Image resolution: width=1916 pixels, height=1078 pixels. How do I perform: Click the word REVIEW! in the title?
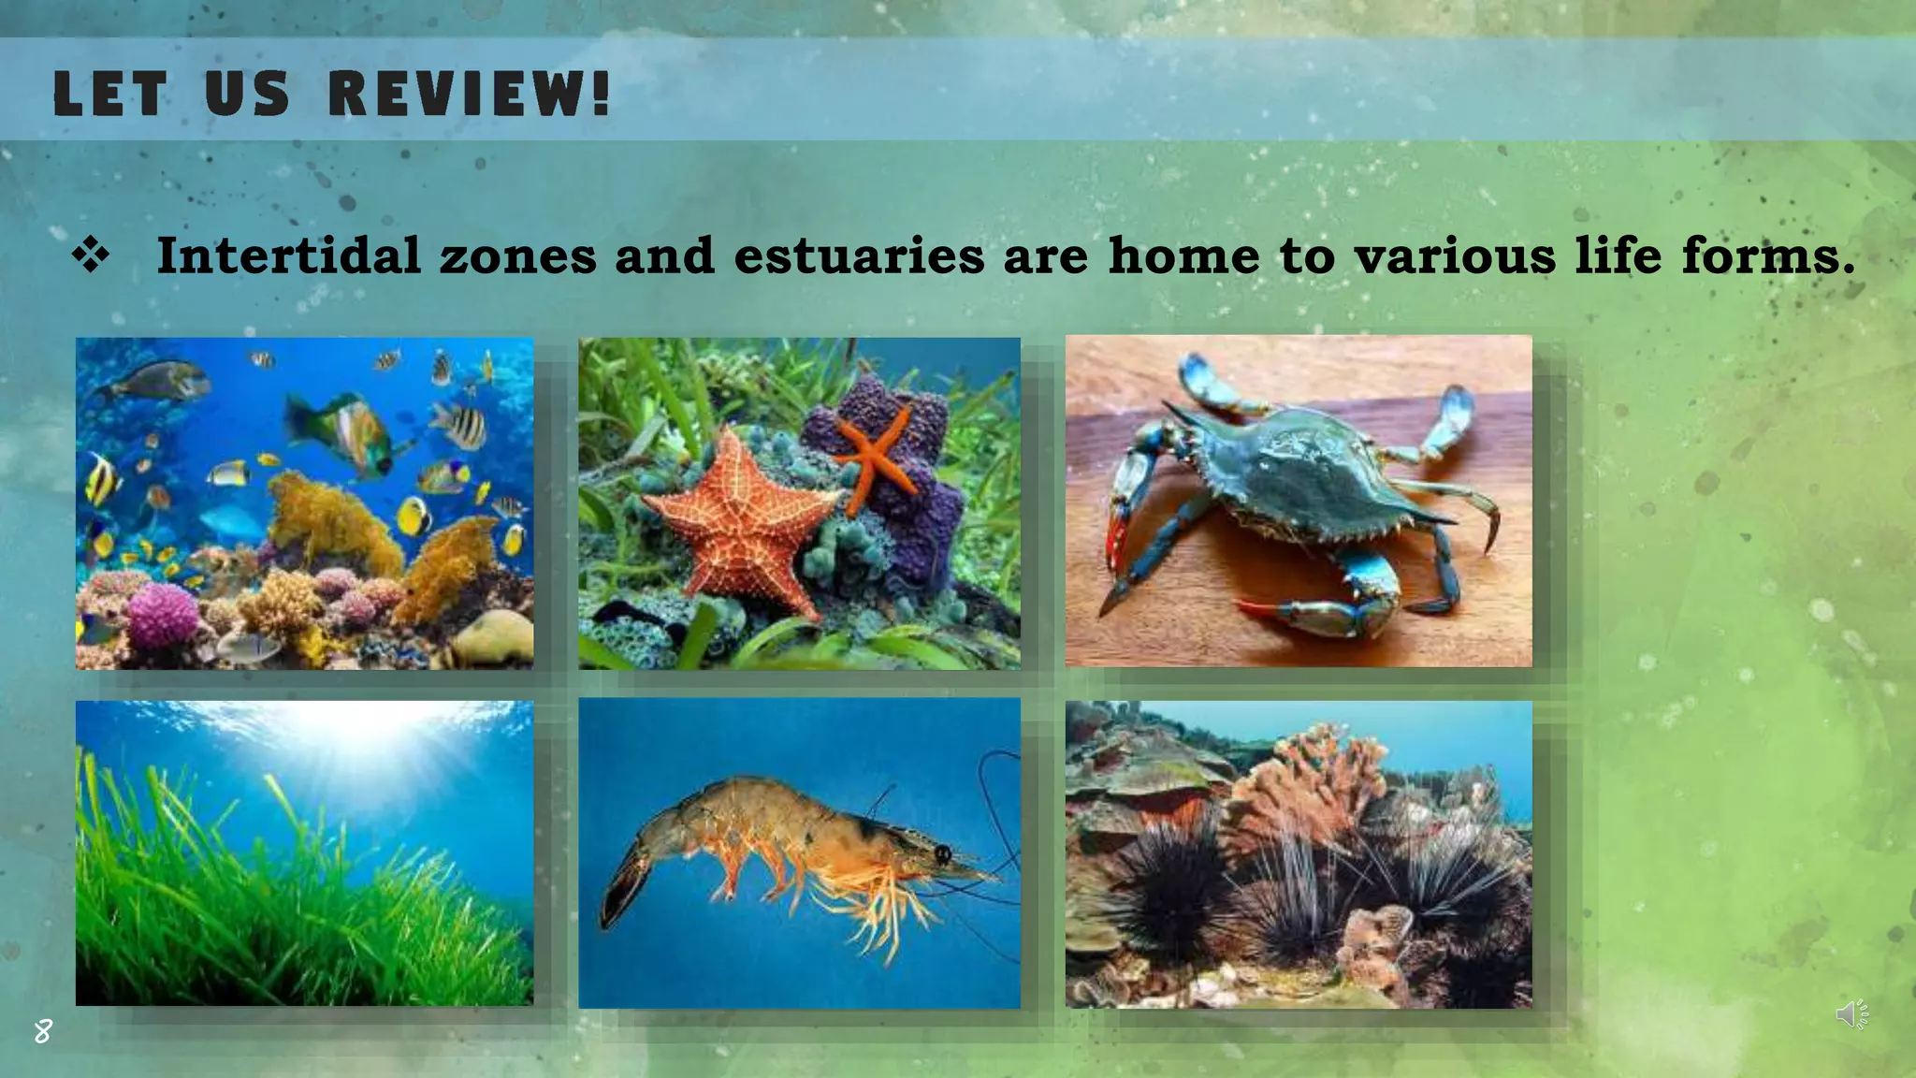click(x=470, y=94)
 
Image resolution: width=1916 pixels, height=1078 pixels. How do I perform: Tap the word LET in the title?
click(x=109, y=94)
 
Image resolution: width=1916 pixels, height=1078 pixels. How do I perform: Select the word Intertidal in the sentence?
click(x=288, y=255)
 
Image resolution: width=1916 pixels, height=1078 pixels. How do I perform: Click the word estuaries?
click(x=859, y=255)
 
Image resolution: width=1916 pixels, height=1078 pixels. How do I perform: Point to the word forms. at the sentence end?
click(x=1768, y=255)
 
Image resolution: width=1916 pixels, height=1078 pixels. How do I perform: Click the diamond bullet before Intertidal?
click(x=91, y=255)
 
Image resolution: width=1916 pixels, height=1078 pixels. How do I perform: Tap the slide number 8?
click(x=43, y=1031)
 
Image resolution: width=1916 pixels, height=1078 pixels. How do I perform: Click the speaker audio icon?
click(x=1851, y=1014)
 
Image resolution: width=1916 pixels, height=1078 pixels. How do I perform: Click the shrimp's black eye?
click(x=942, y=853)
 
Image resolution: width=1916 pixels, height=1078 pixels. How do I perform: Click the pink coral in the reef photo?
click(x=164, y=613)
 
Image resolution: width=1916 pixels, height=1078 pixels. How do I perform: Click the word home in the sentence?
click(x=1183, y=255)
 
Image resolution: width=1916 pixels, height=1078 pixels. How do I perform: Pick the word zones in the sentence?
click(x=517, y=255)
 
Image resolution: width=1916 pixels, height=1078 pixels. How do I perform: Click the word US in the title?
click(x=247, y=94)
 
